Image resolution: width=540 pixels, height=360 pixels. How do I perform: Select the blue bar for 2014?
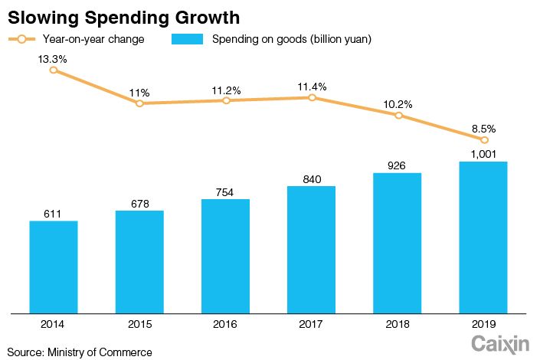tap(54, 267)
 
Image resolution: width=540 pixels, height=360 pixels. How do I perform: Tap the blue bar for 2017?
tap(312, 249)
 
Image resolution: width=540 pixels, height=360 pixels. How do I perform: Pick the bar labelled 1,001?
tap(483, 237)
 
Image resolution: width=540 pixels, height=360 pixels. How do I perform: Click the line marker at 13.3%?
tap(54, 70)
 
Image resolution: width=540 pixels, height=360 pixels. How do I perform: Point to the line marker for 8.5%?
tap(484, 139)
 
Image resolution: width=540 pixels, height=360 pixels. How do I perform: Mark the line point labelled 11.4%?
tap(312, 97)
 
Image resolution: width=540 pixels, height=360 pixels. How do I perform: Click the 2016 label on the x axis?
tap(225, 325)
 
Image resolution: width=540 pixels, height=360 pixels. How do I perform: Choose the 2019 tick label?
tap(483, 325)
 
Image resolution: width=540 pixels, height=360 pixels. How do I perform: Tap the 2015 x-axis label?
tap(139, 325)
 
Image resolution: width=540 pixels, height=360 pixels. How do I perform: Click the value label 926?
tap(398, 165)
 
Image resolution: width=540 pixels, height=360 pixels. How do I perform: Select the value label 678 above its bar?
tap(139, 203)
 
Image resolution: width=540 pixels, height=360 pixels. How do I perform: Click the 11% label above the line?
tap(139, 92)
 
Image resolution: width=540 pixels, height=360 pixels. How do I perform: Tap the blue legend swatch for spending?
tap(188, 39)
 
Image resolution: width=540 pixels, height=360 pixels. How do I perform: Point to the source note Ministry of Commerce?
tap(80, 352)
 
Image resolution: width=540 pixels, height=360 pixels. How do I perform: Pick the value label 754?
tap(225, 191)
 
